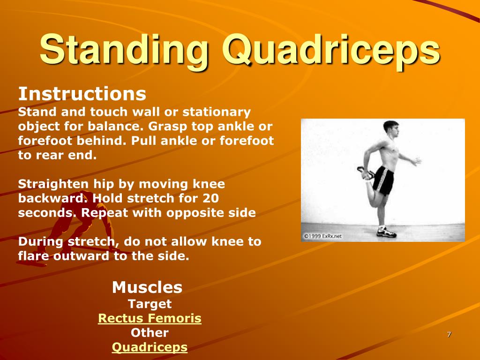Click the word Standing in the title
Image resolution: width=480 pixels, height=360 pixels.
[x=124, y=50]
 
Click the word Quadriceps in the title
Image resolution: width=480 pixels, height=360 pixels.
[x=331, y=50]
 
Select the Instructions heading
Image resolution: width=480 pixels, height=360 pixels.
[x=82, y=94]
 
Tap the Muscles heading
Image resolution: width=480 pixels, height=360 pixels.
[x=147, y=287]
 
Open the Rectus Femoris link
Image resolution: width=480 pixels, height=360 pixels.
[x=150, y=318]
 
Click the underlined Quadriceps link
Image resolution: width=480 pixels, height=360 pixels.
[x=150, y=347]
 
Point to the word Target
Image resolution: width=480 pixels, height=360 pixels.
[x=150, y=304]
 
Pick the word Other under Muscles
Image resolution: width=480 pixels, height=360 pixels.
[x=150, y=332]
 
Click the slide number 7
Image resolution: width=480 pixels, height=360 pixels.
[x=449, y=334]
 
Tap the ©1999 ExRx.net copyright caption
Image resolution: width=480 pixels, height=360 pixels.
[x=322, y=236]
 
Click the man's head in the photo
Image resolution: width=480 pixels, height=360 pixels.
[x=391, y=129]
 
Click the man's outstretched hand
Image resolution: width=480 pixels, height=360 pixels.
[x=416, y=161]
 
